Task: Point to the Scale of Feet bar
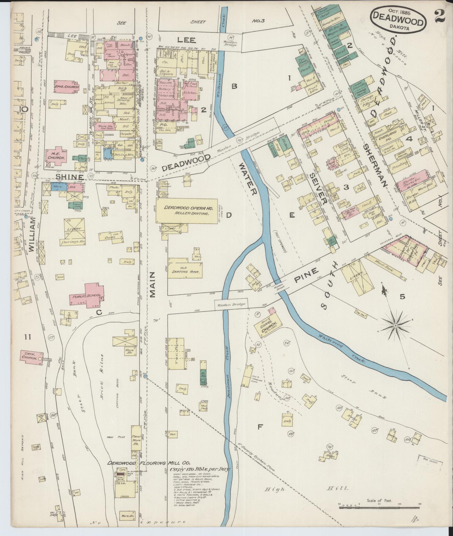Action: (379, 507)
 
